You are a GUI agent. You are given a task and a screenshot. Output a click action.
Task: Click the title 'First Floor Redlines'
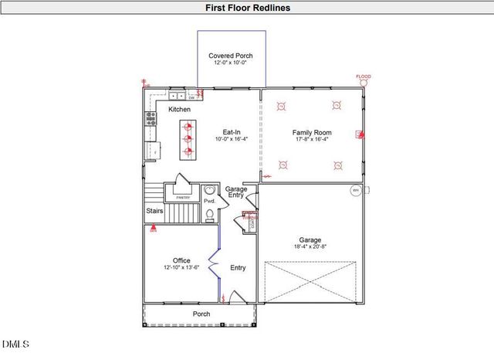[x=248, y=8]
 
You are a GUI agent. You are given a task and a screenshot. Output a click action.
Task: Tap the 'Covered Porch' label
[x=231, y=56]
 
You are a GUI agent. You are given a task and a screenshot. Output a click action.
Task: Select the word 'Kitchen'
[x=179, y=110]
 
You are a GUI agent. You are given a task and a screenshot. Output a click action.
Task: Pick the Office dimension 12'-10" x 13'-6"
[x=181, y=267]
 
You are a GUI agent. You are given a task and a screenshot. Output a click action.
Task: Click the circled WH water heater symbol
[x=356, y=190]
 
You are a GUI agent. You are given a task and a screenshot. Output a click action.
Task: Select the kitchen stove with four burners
[x=151, y=118]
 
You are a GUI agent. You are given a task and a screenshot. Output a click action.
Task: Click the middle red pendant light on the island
[x=187, y=139]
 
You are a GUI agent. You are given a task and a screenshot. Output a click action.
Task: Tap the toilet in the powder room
[x=209, y=214]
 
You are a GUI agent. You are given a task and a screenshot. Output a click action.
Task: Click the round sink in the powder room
[x=209, y=192]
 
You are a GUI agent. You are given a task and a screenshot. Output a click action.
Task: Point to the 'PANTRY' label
[x=183, y=198]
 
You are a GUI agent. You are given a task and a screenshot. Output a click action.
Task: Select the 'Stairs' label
[x=154, y=210]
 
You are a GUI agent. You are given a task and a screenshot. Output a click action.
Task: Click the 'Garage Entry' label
[x=235, y=192]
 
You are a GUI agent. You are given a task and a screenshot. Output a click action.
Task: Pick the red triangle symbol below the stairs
[x=153, y=228]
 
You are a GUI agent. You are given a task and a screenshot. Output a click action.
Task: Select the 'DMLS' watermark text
[x=15, y=343]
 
